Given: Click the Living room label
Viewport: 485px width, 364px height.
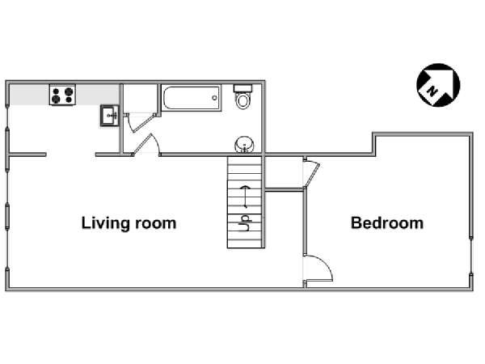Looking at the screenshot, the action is [129, 223].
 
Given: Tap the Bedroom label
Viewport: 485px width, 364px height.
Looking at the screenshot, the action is [387, 223].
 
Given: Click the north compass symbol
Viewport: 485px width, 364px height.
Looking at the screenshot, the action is [438, 85].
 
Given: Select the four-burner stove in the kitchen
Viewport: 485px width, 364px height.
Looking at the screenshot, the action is [62, 95].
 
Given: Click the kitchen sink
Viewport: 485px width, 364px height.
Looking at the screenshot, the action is [110, 116].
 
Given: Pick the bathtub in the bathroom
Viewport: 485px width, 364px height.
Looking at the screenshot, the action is [191, 98].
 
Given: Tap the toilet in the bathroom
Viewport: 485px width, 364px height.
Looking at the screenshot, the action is [242, 96].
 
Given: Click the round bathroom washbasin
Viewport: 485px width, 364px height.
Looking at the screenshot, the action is [244, 144].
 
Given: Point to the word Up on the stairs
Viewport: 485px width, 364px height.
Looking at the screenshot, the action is [245, 223].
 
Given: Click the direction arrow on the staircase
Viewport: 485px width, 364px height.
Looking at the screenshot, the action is [246, 197].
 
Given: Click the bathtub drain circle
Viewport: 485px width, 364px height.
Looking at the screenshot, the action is [214, 98].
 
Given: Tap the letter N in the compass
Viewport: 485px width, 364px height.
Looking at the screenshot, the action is [432, 91].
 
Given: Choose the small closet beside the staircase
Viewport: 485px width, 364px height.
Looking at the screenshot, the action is [284, 173].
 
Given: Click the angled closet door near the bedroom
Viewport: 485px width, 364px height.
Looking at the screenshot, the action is [313, 173].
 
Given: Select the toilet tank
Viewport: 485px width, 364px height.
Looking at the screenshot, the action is [242, 88].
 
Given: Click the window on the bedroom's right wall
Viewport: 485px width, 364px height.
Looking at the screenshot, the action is [470, 256].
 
